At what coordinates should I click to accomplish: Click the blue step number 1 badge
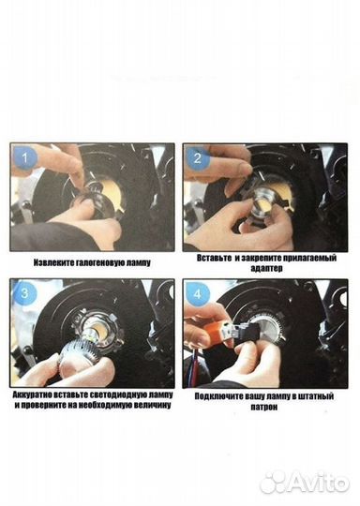pyautogui.click(x=25, y=158)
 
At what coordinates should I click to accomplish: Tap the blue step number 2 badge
pyautogui.click(x=198, y=158)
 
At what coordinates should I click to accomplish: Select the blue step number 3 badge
pyautogui.click(x=25, y=293)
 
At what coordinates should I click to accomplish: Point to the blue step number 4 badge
pyautogui.click(x=198, y=294)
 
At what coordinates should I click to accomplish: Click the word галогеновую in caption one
pyautogui.click(x=101, y=263)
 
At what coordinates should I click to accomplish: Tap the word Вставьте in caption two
pyautogui.click(x=214, y=259)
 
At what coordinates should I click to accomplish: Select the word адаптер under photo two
pyautogui.click(x=266, y=269)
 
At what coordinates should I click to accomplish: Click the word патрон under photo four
pyautogui.click(x=264, y=407)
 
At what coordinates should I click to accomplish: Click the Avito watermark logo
pyautogui.click(x=305, y=484)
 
